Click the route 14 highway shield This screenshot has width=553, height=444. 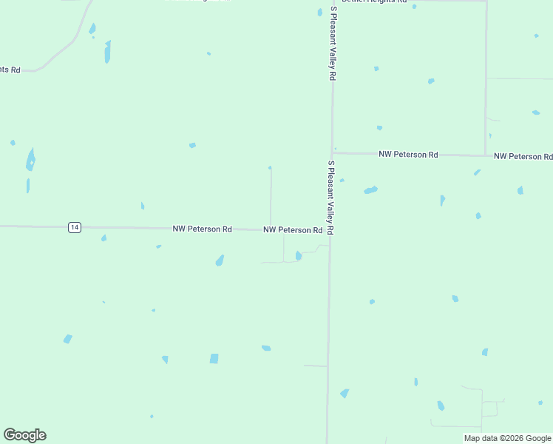pos(74,227)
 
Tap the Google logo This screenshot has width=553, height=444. pos(24,435)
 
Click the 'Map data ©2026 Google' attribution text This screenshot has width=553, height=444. pos(507,438)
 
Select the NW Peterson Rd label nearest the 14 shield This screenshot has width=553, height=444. pos(202,229)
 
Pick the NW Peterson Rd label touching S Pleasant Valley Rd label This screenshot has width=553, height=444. pos(293,230)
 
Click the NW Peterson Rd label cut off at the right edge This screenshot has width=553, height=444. pos(523,156)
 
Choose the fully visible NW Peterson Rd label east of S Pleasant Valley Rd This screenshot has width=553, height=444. pos(408,155)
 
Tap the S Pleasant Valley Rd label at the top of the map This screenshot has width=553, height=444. pos(333,44)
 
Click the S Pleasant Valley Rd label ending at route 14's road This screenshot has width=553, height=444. pos(331,198)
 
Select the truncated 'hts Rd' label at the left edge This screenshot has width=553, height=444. pos(10,69)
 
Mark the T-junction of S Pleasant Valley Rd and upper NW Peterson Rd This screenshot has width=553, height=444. pos(333,153)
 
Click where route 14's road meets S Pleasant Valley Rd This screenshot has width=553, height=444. pos(330,230)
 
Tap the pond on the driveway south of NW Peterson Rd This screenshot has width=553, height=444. pos(299,256)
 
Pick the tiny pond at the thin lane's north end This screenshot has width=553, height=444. pos(270,167)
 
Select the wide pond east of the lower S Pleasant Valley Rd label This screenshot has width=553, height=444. pos(370,190)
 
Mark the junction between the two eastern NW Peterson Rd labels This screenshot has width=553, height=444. pos(485,155)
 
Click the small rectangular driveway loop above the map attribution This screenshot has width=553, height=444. pos(489,408)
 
